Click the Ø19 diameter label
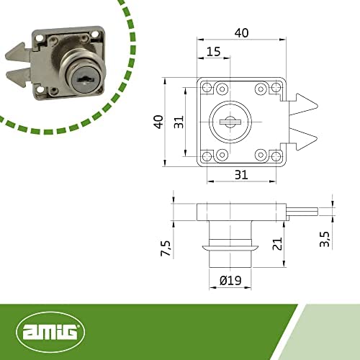pos(230,280)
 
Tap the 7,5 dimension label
pos(166,248)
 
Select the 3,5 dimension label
pos(325,239)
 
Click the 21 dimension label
pos(277,244)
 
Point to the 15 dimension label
pos(213,52)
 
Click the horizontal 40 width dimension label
pos(241,33)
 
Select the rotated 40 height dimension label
pos(159,122)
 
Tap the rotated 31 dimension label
pos(179,122)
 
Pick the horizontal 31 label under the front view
pos(241,175)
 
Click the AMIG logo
pos(50,332)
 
